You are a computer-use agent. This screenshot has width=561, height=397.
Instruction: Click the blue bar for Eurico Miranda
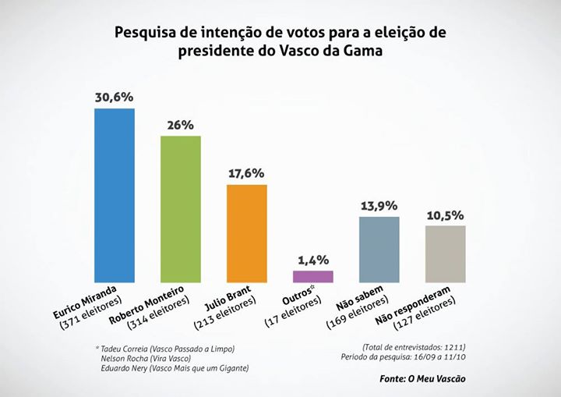[115, 195]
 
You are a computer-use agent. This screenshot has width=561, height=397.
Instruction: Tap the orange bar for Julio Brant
[247, 232]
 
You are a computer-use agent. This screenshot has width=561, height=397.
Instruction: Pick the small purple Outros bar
[313, 276]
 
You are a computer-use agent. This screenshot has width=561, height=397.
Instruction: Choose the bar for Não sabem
[379, 249]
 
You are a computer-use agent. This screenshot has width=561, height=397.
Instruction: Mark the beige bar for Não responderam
[445, 253]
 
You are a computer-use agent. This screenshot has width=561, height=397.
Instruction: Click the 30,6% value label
[115, 97]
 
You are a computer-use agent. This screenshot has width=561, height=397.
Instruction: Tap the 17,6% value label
[247, 173]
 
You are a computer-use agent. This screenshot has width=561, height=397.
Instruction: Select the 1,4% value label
[313, 260]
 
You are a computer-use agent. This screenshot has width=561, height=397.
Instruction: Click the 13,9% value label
[379, 206]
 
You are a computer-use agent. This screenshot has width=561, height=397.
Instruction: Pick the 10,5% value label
[446, 214]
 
